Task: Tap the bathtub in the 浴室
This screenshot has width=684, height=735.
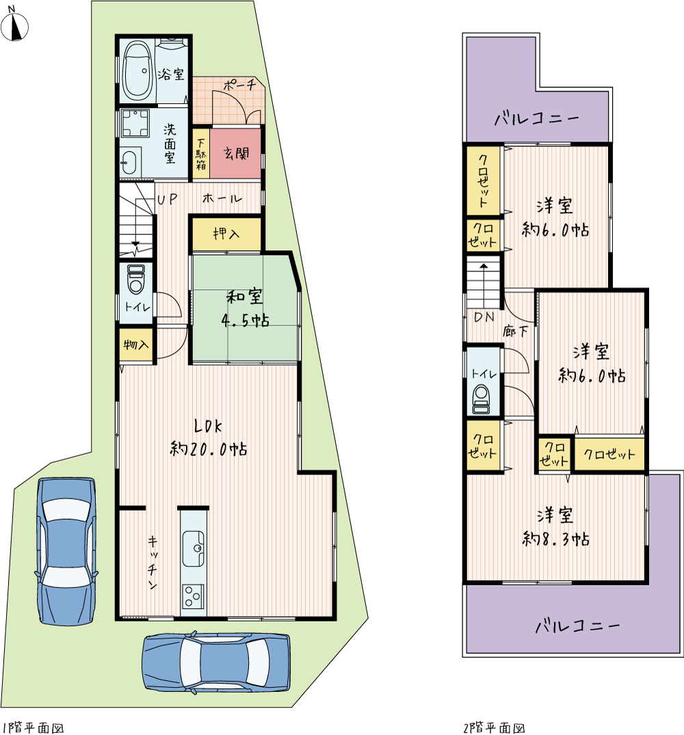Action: [138, 71]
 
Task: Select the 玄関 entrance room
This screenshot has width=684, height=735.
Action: [235, 153]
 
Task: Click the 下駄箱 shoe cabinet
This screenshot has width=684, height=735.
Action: [201, 153]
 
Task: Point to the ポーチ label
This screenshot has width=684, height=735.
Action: [239, 85]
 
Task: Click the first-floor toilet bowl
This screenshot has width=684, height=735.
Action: [136, 279]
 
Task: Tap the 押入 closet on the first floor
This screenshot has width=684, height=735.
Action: [226, 233]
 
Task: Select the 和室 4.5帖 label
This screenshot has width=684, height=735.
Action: [245, 308]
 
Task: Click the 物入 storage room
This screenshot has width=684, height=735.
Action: [136, 345]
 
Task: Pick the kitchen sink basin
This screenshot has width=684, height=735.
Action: [193, 548]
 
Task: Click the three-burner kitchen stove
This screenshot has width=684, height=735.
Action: [193, 597]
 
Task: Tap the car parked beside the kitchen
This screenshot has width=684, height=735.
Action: [66, 551]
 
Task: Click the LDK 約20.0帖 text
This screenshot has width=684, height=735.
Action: [208, 438]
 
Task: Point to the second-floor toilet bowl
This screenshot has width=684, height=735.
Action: [482, 399]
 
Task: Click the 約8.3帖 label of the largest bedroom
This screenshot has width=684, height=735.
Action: [556, 539]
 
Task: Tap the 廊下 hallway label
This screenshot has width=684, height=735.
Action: [515, 332]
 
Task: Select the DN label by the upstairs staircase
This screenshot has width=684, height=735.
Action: [484, 317]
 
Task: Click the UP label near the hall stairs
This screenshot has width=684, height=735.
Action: [167, 200]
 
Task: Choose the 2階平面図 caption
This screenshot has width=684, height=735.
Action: [494, 727]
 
